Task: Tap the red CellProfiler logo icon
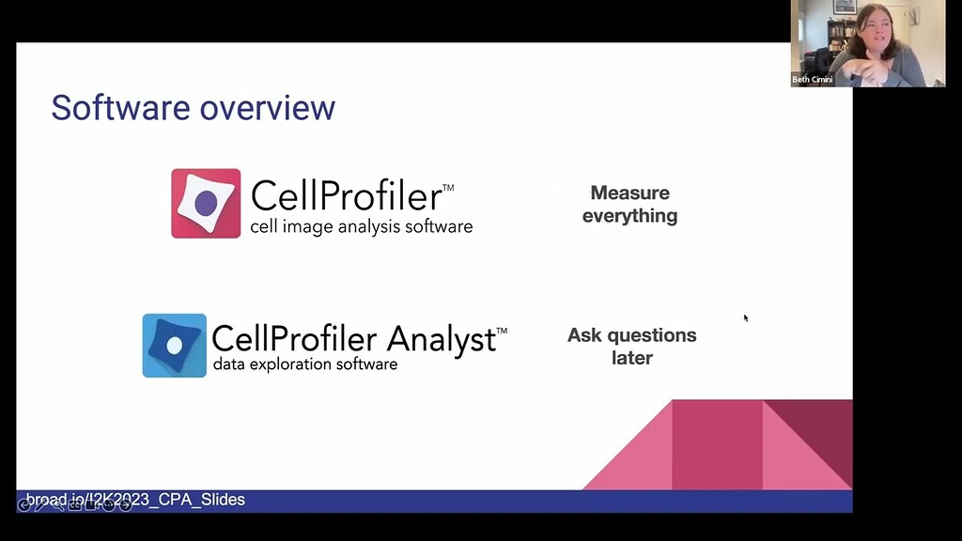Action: tap(206, 203)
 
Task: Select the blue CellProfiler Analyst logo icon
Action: tap(174, 346)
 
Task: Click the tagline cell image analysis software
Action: tap(361, 226)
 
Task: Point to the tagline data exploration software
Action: tap(304, 364)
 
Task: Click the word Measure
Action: tap(629, 193)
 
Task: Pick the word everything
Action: tap(629, 216)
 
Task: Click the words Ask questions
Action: tap(631, 335)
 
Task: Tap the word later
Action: tap(631, 358)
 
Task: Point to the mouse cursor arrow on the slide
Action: tap(746, 317)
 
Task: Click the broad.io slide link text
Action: tap(135, 500)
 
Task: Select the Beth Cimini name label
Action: tap(813, 80)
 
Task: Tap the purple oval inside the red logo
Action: tap(207, 203)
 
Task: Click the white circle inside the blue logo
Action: tap(175, 346)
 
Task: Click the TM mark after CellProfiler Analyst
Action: tap(502, 331)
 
